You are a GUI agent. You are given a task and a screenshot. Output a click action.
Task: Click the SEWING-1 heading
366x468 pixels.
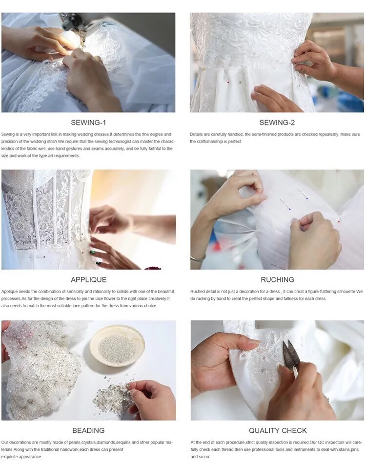88,122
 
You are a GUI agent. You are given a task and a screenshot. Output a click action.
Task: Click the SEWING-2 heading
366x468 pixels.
277,122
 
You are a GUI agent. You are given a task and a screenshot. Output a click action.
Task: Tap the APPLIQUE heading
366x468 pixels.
88,279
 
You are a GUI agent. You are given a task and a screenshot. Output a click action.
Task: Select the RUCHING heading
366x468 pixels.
277,279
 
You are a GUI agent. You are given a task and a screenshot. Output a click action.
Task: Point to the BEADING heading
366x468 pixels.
88,430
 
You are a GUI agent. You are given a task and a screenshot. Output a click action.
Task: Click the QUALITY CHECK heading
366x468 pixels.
278,430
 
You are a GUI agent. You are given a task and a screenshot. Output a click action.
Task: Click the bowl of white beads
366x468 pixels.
117,346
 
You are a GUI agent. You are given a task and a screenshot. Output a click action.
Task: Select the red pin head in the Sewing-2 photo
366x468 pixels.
228,82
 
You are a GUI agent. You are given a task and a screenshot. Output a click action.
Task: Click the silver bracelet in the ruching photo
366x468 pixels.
198,257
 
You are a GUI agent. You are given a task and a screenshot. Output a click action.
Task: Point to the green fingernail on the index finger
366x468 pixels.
93,253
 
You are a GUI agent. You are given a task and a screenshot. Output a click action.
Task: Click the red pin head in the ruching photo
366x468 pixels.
339,221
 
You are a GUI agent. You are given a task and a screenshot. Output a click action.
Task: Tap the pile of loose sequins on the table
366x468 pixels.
111,396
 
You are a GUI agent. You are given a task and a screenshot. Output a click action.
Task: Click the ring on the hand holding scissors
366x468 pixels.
326,399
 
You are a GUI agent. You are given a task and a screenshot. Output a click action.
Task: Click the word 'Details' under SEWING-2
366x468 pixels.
196,134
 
